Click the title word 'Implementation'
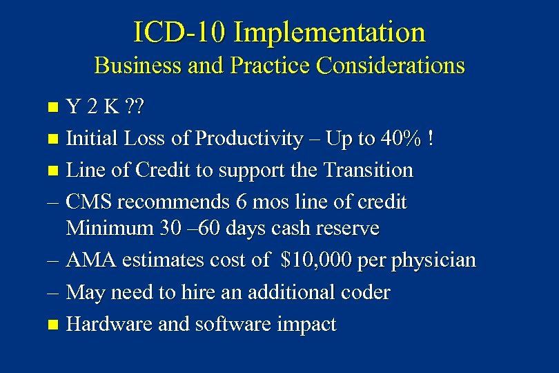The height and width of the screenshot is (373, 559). (x=329, y=32)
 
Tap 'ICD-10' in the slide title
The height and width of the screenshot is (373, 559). (x=179, y=32)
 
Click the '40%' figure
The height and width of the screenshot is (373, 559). (x=400, y=139)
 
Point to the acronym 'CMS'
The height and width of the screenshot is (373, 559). (x=90, y=202)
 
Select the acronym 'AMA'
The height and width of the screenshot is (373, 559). (x=90, y=260)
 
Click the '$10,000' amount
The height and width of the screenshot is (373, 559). (x=317, y=260)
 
